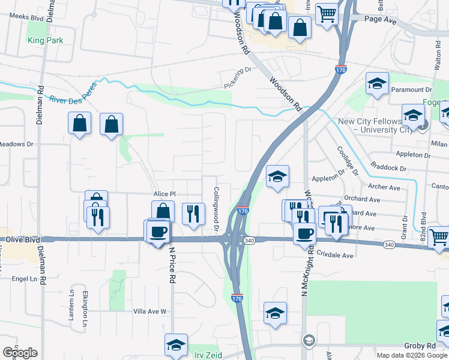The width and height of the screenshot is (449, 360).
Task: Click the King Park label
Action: click(x=45, y=41)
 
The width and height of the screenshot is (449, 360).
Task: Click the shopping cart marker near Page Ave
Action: click(x=327, y=13)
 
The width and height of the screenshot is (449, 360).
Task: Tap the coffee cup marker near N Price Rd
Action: click(x=158, y=230)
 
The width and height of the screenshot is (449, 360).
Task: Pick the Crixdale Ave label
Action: click(x=335, y=254)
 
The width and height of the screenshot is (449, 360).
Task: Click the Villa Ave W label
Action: click(x=149, y=311)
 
